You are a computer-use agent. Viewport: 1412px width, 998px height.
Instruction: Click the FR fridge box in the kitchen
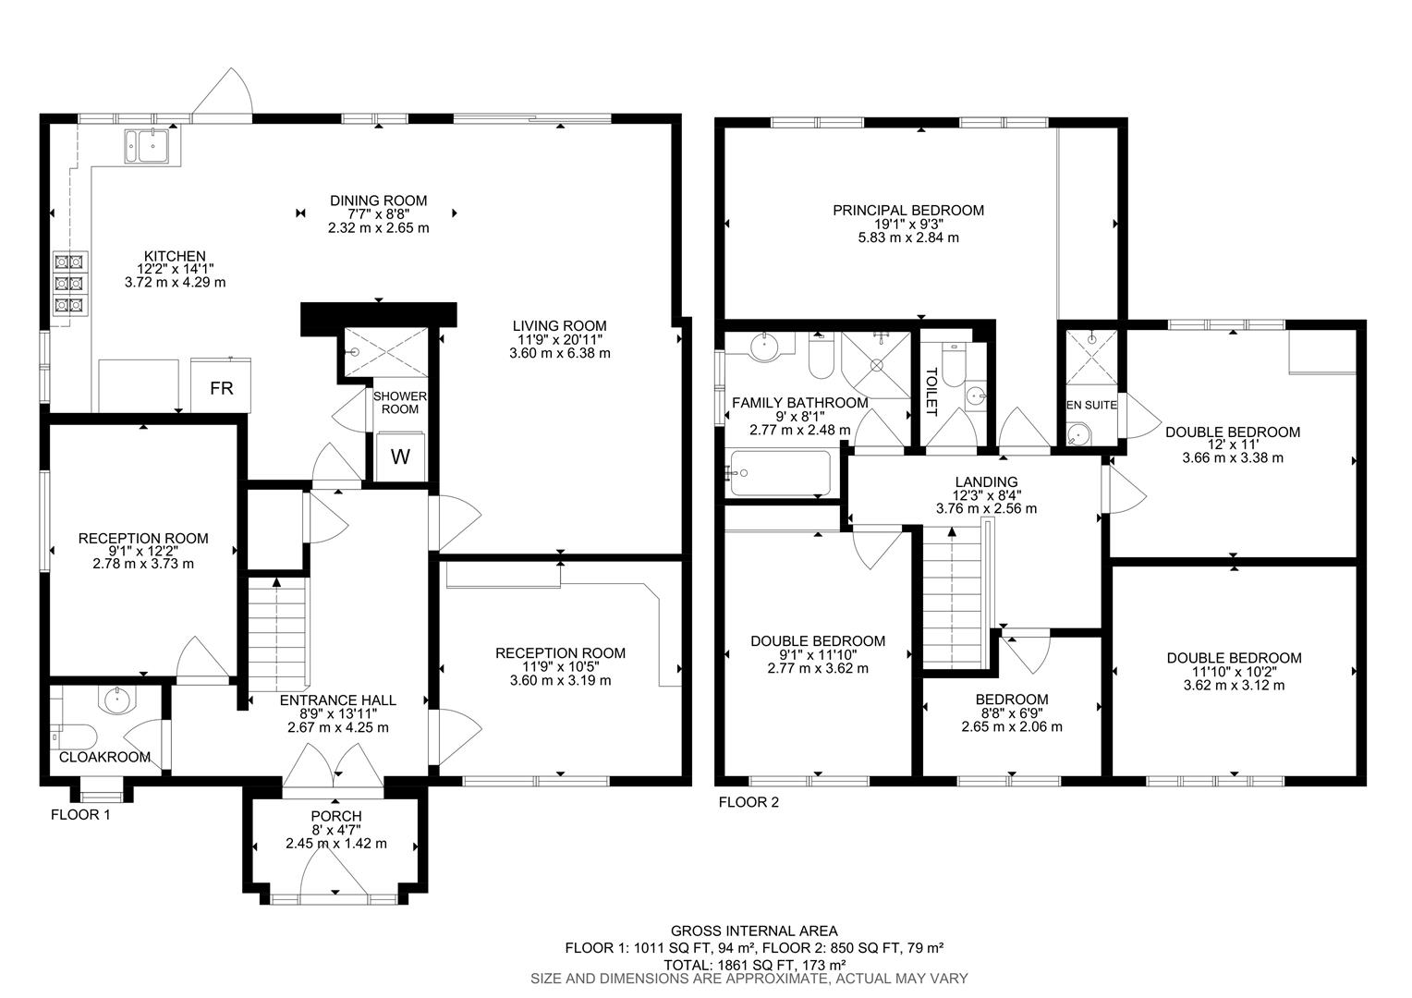click(221, 388)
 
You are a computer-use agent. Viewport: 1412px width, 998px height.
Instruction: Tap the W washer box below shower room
click(400, 456)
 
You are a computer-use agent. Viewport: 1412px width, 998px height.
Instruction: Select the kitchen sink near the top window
click(147, 145)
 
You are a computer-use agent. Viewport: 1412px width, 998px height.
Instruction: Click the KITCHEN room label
click(174, 256)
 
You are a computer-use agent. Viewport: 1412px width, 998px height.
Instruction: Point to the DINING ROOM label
click(379, 201)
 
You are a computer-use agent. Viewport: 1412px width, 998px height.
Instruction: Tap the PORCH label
click(335, 816)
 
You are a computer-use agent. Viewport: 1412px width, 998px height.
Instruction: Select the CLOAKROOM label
click(104, 757)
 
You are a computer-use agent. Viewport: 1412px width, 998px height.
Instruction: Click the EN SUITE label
click(1091, 405)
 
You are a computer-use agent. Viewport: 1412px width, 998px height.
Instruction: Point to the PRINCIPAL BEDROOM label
click(907, 210)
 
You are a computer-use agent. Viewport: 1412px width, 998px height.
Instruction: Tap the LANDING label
click(986, 481)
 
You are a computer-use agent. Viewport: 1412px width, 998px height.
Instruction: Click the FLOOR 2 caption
click(749, 802)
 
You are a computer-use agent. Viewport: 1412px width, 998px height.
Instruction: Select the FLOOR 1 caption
click(80, 815)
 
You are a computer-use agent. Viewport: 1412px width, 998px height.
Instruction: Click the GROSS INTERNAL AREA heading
click(754, 931)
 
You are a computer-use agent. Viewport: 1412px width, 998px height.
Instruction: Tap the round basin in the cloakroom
click(117, 700)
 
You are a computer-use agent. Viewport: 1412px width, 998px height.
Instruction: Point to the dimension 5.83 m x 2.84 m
click(908, 237)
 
